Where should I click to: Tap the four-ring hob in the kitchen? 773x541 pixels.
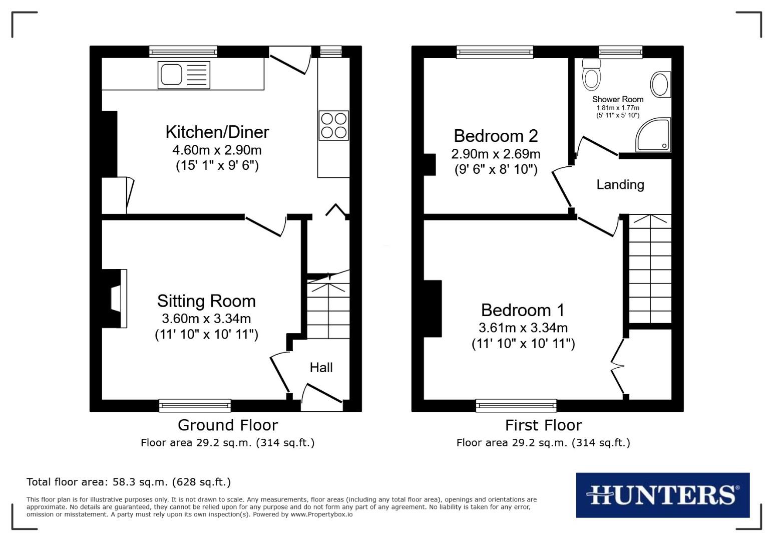point(333,125)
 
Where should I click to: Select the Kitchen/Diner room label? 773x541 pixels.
point(217,132)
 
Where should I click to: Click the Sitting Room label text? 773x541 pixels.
point(206,301)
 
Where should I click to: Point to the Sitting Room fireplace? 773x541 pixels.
point(115,299)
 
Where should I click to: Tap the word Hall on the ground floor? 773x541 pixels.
point(321,368)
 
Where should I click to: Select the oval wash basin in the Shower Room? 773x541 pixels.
point(660,84)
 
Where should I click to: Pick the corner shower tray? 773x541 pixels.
point(653,135)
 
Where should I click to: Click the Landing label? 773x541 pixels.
point(620,185)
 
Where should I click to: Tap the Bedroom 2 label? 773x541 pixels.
point(496,136)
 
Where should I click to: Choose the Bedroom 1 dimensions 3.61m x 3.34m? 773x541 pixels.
point(523,328)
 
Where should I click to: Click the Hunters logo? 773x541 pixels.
point(662,495)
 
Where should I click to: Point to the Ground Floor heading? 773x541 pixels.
point(227,425)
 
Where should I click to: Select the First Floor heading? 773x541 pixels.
point(543,425)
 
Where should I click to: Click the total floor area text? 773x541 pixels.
point(129,482)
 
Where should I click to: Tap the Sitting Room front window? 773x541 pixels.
point(195,405)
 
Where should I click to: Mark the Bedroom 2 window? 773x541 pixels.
point(495,52)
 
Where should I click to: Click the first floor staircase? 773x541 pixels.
point(650,269)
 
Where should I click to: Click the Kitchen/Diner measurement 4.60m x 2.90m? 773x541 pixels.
point(217,150)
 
